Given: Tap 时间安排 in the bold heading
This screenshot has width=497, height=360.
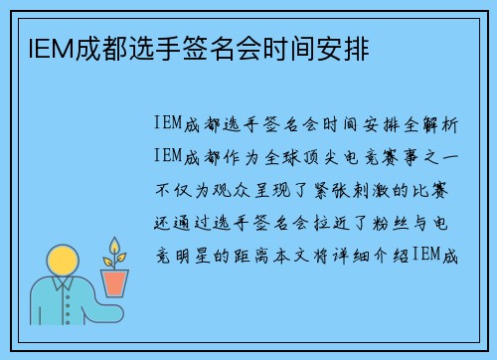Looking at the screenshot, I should pos(324,46).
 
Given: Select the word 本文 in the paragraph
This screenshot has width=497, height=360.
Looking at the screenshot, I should pos(298,256).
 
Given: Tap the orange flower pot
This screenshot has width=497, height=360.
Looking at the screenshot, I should pos(116,282).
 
